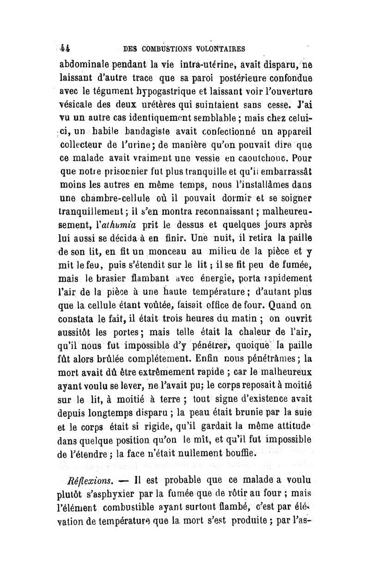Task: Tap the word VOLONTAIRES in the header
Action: coord(216,48)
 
